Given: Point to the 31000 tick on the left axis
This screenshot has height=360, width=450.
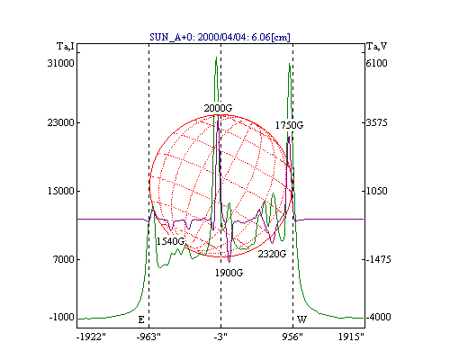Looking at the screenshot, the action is [60, 63].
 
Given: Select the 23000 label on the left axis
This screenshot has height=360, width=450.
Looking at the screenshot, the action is [60, 122].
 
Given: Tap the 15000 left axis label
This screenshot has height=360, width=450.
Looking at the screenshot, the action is [60, 191].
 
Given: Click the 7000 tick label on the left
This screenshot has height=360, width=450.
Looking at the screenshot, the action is [64, 259].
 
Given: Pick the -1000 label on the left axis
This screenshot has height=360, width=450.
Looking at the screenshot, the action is [61, 317].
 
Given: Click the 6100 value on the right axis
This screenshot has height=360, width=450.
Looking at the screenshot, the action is [377, 63].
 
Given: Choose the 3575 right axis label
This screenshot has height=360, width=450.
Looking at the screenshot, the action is [377, 122].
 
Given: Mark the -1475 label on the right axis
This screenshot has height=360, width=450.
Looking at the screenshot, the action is [379, 259].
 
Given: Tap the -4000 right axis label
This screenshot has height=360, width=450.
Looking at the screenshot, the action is [379, 317].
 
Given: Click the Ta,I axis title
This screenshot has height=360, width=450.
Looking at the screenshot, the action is [66, 47].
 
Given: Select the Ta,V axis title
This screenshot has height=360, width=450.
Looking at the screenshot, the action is [377, 47].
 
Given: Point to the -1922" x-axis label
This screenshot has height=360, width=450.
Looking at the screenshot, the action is [91, 337].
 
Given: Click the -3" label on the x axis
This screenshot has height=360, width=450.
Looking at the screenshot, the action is [220, 337].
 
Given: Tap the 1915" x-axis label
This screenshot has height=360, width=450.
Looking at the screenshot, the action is [351, 337].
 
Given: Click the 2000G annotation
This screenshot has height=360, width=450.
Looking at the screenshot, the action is [218, 108].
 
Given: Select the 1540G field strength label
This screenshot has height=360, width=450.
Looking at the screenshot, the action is [170, 241].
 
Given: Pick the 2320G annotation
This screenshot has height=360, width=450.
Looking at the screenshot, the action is [272, 254].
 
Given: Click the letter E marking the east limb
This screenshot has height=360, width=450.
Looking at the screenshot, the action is [141, 319].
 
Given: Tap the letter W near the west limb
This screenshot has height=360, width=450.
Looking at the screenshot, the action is [301, 319].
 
